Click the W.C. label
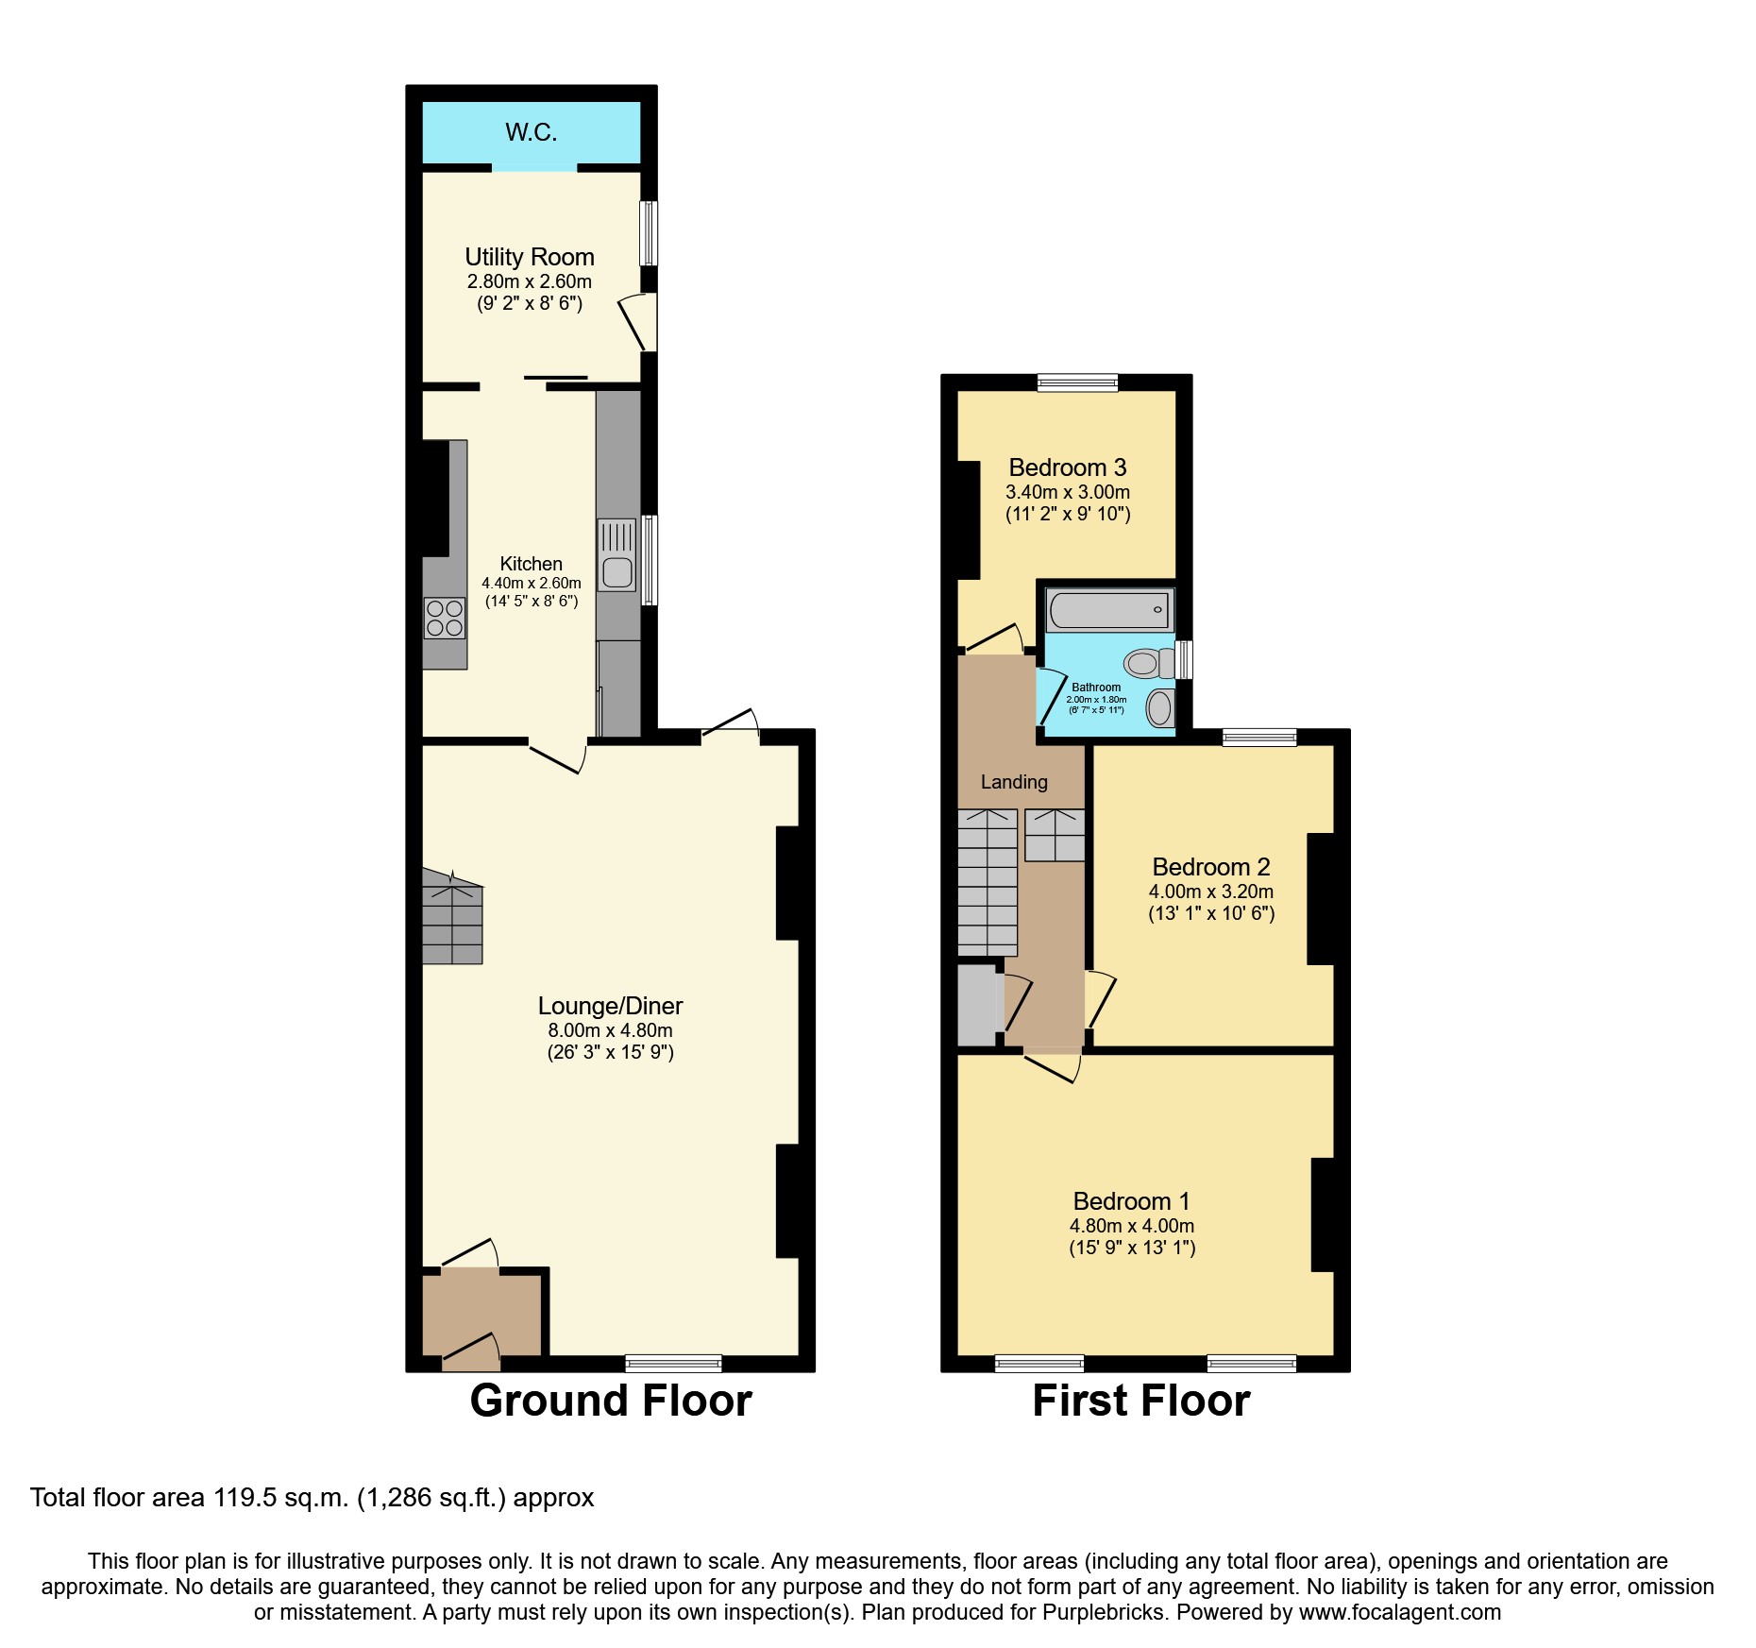[531, 132]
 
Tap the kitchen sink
[617, 555]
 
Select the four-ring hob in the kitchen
[444, 619]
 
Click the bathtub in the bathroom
[1109, 610]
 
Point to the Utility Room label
[529, 257]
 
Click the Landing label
[1014, 782]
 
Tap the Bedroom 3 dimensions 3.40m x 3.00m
[1067, 492]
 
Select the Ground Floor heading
[611, 1401]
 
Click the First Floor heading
[1140, 1401]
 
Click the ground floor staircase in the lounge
[452, 918]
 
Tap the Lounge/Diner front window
[673, 1363]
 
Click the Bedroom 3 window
[1077, 382]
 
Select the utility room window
[649, 232]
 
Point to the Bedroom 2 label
[1210, 867]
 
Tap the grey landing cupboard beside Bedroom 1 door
[977, 1005]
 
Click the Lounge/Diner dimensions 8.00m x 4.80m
[610, 1030]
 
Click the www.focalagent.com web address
[1399, 1612]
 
